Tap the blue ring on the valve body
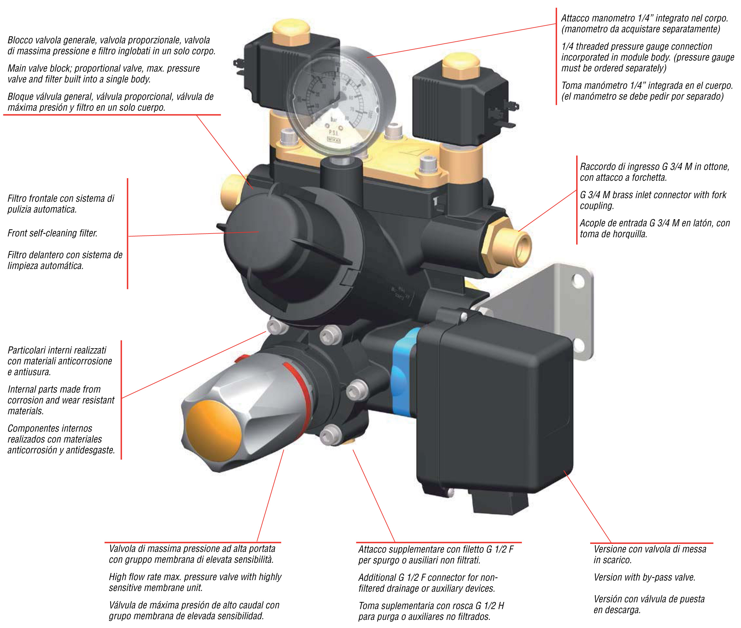point(402,374)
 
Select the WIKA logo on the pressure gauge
point(334,140)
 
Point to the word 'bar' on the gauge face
point(334,120)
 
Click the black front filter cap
point(256,231)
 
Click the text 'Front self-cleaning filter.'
point(52,233)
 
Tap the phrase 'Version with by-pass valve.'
point(644,578)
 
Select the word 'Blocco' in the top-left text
point(20,40)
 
